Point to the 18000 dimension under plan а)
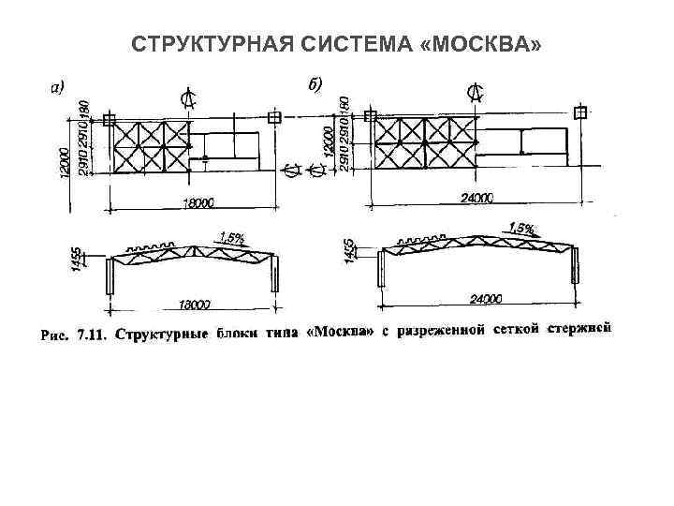[x=198, y=201]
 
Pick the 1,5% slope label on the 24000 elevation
[x=521, y=228]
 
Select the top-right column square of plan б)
[x=582, y=112]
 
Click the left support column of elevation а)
[x=110, y=275]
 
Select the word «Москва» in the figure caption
[x=340, y=332]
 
